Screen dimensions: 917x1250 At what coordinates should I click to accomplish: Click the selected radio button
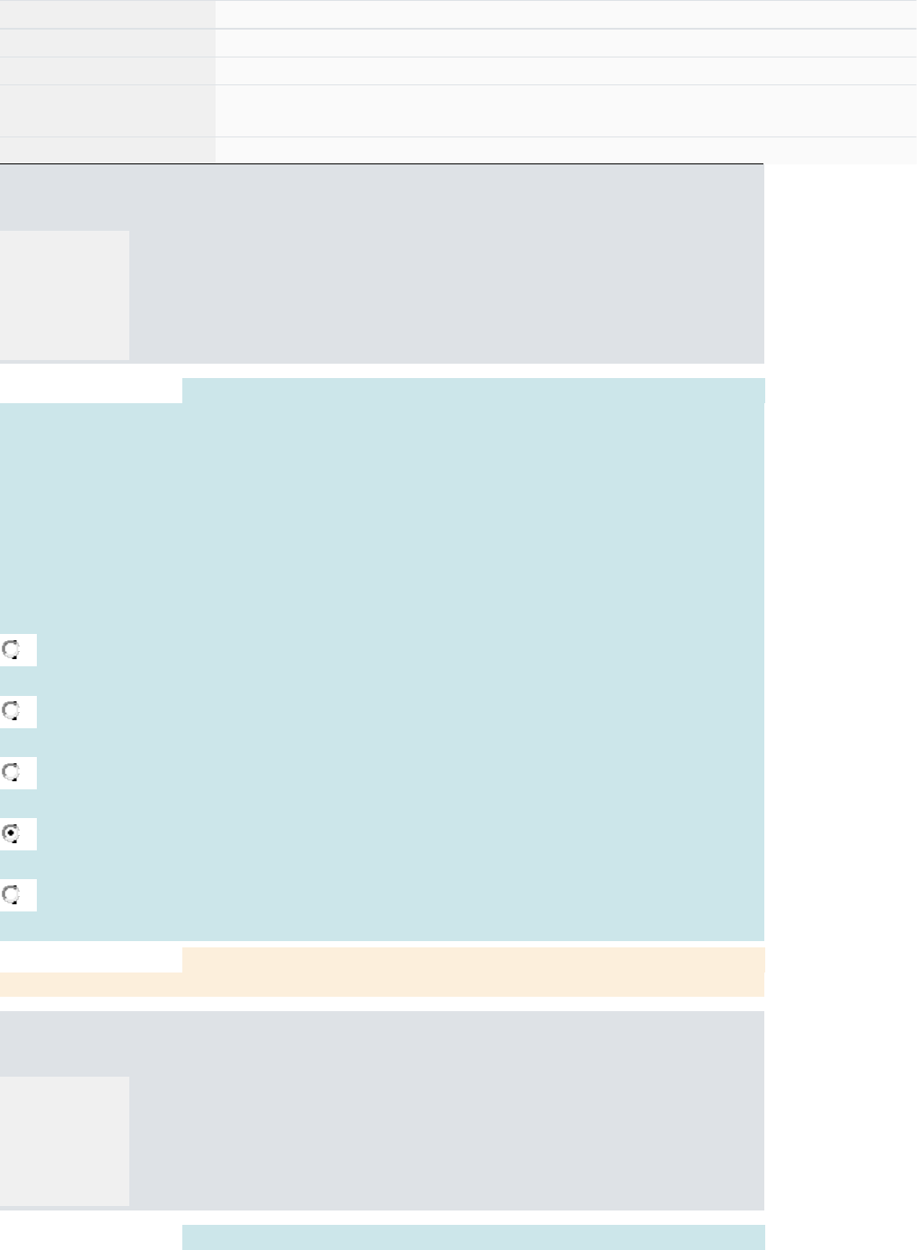[12, 833]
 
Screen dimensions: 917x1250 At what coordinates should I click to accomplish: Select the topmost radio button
[12, 649]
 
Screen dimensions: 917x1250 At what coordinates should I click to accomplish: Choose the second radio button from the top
[12, 711]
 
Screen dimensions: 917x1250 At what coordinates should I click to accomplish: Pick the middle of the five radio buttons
[12, 772]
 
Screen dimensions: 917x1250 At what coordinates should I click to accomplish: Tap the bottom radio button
[12, 894]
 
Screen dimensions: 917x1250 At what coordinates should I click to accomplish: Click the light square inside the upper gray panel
[65, 295]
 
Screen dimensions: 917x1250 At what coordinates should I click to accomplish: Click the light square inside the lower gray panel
[65, 1140]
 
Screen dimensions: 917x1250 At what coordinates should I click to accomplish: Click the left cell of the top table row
[107, 14]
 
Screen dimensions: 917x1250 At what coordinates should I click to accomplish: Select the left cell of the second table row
[107, 43]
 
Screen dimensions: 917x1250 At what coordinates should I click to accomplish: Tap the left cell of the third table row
[107, 71]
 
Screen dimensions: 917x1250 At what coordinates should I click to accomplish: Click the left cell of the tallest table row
[107, 110]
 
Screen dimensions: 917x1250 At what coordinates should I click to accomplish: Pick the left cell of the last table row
[107, 150]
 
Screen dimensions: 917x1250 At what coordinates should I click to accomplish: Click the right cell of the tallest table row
[566, 110]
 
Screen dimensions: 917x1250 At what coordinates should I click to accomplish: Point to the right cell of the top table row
[566, 14]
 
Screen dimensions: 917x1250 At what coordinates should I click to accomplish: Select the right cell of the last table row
[566, 150]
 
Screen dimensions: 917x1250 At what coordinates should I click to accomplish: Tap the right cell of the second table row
[566, 43]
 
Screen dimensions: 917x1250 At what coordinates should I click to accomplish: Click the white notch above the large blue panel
[91, 391]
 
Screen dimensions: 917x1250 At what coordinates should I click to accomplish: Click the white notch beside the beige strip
[91, 960]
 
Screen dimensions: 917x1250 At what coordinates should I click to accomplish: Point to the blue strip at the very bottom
[473, 1237]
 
